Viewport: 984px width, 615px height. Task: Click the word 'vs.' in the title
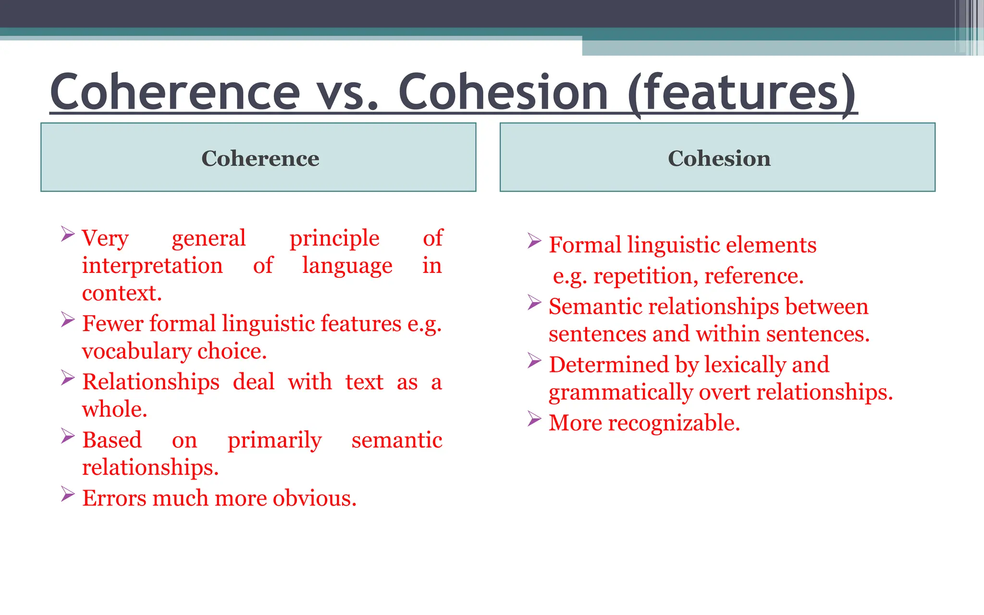tap(347, 92)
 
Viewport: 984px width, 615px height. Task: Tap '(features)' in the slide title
tap(742, 92)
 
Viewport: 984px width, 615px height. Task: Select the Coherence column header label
tap(260, 158)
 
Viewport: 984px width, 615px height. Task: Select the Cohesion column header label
tap(719, 158)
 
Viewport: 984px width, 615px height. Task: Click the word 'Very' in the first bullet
tap(105, 238)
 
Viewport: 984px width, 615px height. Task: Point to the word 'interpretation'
tap(152, 266)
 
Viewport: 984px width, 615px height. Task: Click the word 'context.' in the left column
tap(122, 293)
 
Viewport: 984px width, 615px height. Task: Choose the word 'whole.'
tap(114, 409)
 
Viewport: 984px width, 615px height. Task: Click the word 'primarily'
tap(274, 441)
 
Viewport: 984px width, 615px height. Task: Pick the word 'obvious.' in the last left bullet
tap(315, 498)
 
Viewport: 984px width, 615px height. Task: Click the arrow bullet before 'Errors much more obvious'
tap(68, 494)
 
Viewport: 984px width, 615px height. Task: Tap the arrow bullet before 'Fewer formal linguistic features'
tap(68, 320)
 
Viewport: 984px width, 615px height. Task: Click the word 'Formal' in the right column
tap(585, 245)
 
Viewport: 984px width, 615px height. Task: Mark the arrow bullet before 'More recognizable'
tap(534, 419)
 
